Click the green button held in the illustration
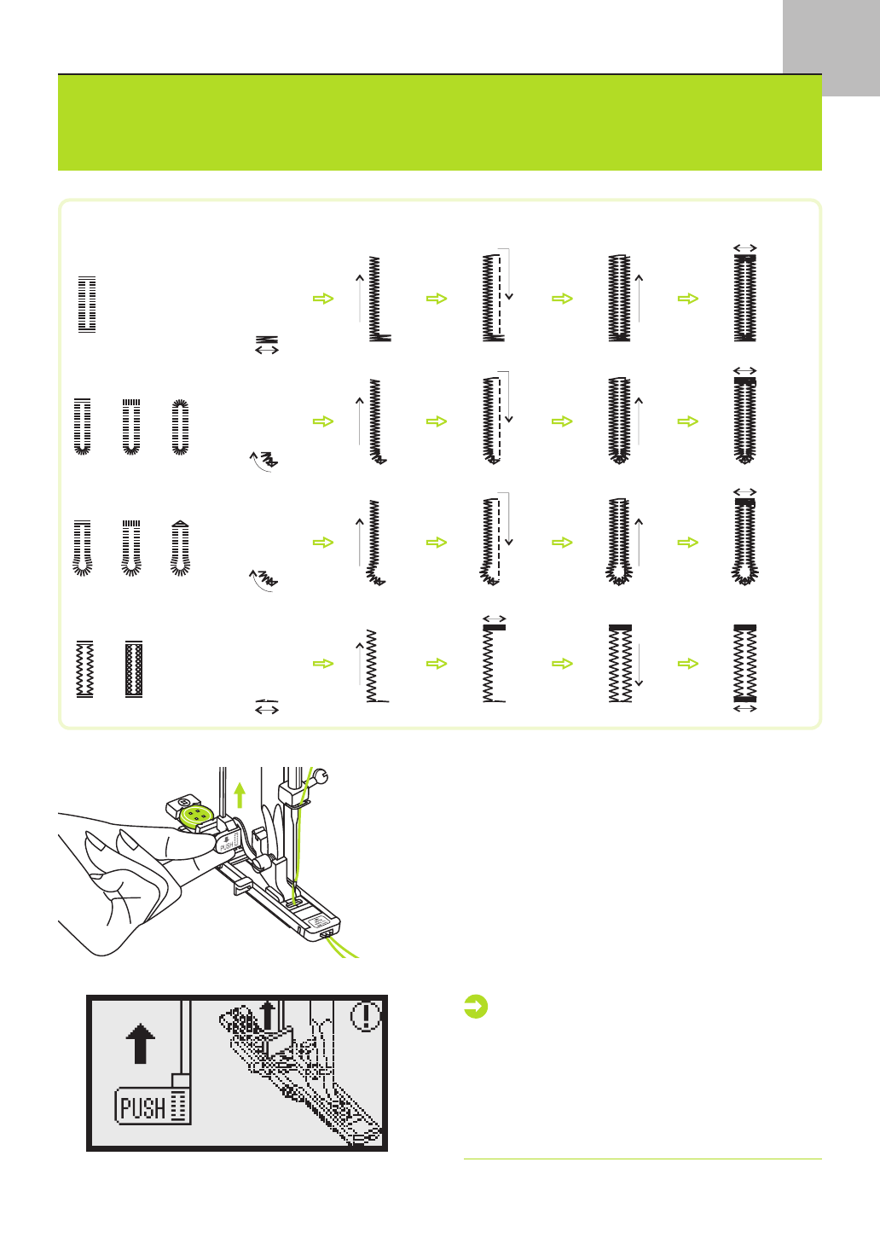[x=195, y=816]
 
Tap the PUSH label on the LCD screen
[x=144, y=1107]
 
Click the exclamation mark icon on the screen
[x=367, y=1015]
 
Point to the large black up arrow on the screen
[x=141, y=1043]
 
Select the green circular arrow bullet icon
[x=476, y=1007]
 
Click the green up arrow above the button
[x=240, y=795]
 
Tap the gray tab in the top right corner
[x=831, y=47]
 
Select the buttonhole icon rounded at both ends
[x=180, y=427]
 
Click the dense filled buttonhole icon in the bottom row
[x=134, y=669]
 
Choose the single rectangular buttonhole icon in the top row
[x=87, y=304]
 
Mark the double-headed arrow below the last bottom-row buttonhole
[x=745, y=708]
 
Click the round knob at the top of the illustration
[x=320, y=775]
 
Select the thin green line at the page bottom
[x=642, y=1159]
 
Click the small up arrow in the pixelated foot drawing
[x=268, y=1014]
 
